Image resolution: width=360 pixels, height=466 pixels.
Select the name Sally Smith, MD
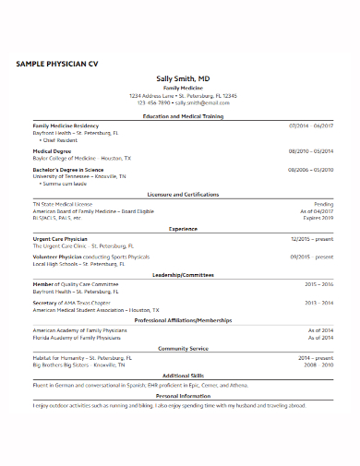click(182, 79)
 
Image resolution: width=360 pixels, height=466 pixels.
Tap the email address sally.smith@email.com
click(202, 102)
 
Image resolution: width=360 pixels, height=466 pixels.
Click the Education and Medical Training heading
click(182, 117)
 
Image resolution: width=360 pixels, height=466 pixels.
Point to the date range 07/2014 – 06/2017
click(311, 125)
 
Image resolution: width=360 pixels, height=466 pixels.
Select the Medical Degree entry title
click(53, 149)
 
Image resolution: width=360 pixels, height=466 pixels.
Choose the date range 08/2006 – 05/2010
click(311, 170)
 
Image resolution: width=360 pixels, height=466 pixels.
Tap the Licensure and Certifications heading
click(182, 195)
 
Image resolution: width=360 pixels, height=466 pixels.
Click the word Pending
click(323, 203)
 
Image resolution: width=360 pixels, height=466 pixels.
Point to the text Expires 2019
click(318, 218)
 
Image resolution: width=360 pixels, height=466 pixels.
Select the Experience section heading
click(182, 228)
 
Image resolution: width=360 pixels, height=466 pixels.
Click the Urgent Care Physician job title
click(61, 238)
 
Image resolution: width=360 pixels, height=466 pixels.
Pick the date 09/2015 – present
click(312, 257)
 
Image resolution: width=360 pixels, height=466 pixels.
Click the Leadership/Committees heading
click(182, 274)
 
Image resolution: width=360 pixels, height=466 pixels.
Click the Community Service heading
click(182, 348)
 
